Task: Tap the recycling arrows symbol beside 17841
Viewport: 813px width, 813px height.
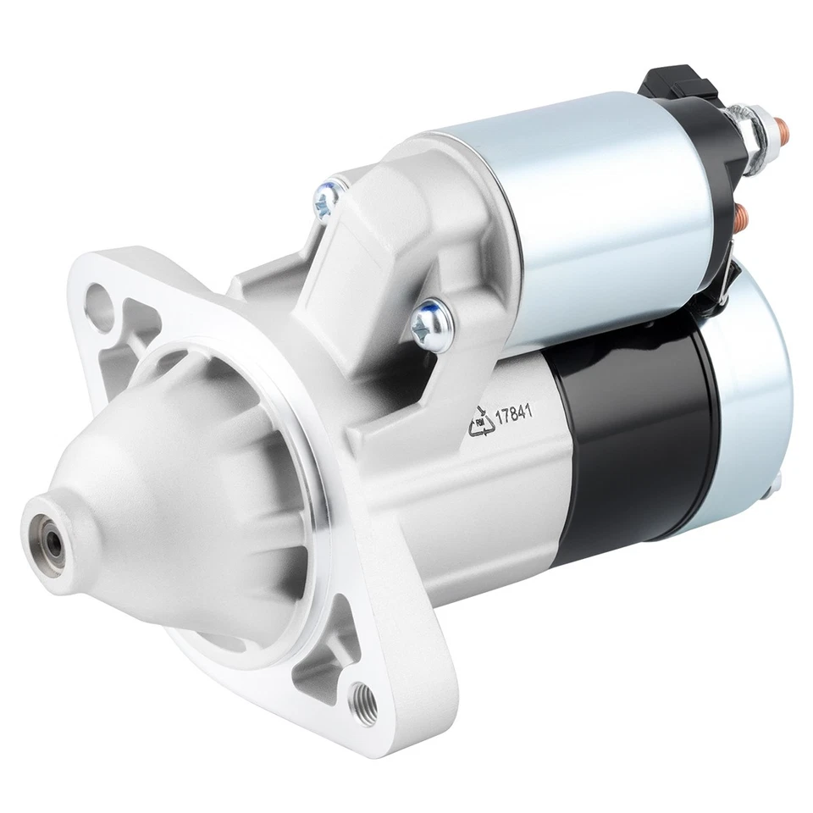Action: (483, 421)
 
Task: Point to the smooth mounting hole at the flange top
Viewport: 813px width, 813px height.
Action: (106, 299)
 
